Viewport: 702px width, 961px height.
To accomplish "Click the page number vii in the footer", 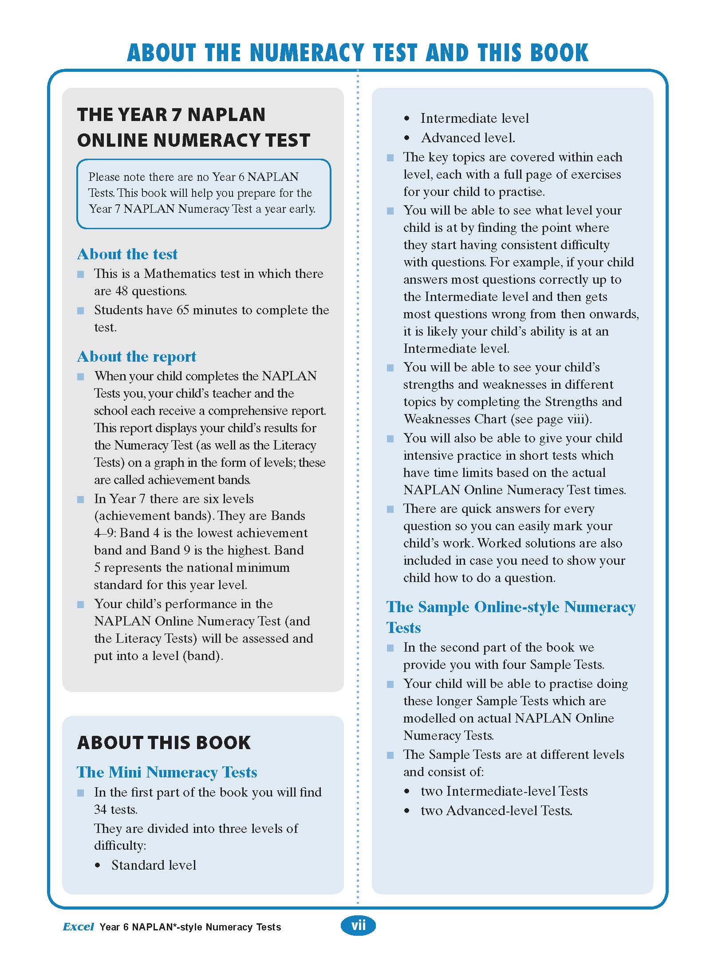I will click(x=358, y=926).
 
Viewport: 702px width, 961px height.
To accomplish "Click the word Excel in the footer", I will click(x=79, y=927).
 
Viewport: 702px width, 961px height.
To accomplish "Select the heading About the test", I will click(x=127, y=254).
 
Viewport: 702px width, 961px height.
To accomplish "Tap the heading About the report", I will click(x=137, y=356).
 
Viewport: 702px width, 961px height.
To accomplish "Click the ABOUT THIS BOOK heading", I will click(x=164, y=743).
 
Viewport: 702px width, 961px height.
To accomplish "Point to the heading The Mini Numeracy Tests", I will click(x=167, y=772).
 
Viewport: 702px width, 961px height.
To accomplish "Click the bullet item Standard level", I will click(x=154, y=865).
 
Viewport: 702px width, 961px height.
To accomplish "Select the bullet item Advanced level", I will click(x=468, y=138).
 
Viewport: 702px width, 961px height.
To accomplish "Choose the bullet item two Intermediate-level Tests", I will click(x=504, y=791).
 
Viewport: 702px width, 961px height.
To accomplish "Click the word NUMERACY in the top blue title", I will click(x=307, y=53).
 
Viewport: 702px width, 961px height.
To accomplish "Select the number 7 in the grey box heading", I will click(x=176, y=115).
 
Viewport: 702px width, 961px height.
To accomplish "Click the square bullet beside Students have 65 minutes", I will click(x=81, y=311).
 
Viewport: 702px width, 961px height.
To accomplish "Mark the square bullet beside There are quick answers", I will click(x=390, y=509).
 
